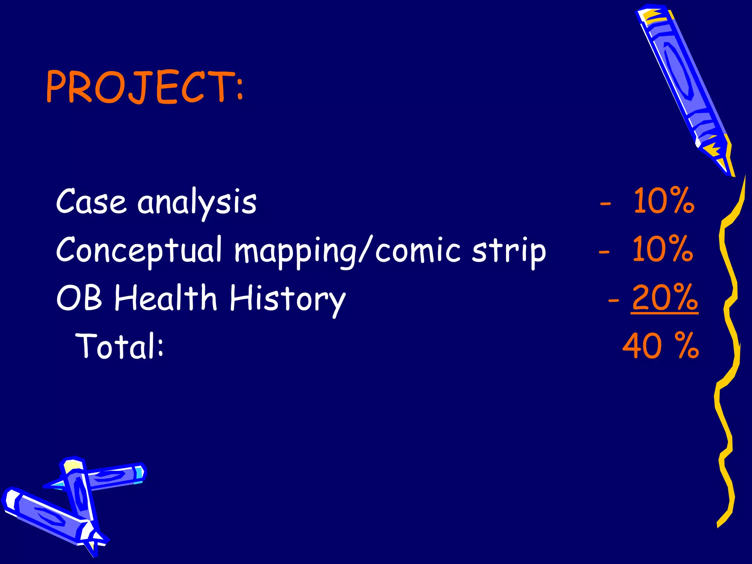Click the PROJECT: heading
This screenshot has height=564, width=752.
tap(144, 87)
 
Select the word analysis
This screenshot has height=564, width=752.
tap(197, 203)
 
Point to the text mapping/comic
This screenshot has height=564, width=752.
tap(347, 251)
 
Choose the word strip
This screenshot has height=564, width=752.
tap(509, 251)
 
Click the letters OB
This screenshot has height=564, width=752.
tap(79, 297)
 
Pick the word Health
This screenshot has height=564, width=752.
tap(166, 297)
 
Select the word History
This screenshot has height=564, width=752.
tap(288, 299)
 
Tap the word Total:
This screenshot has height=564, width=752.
tap(119, 345)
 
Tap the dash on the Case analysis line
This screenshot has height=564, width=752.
tap(605, 203)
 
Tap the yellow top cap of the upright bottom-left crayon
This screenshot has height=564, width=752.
tap(73, 466)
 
